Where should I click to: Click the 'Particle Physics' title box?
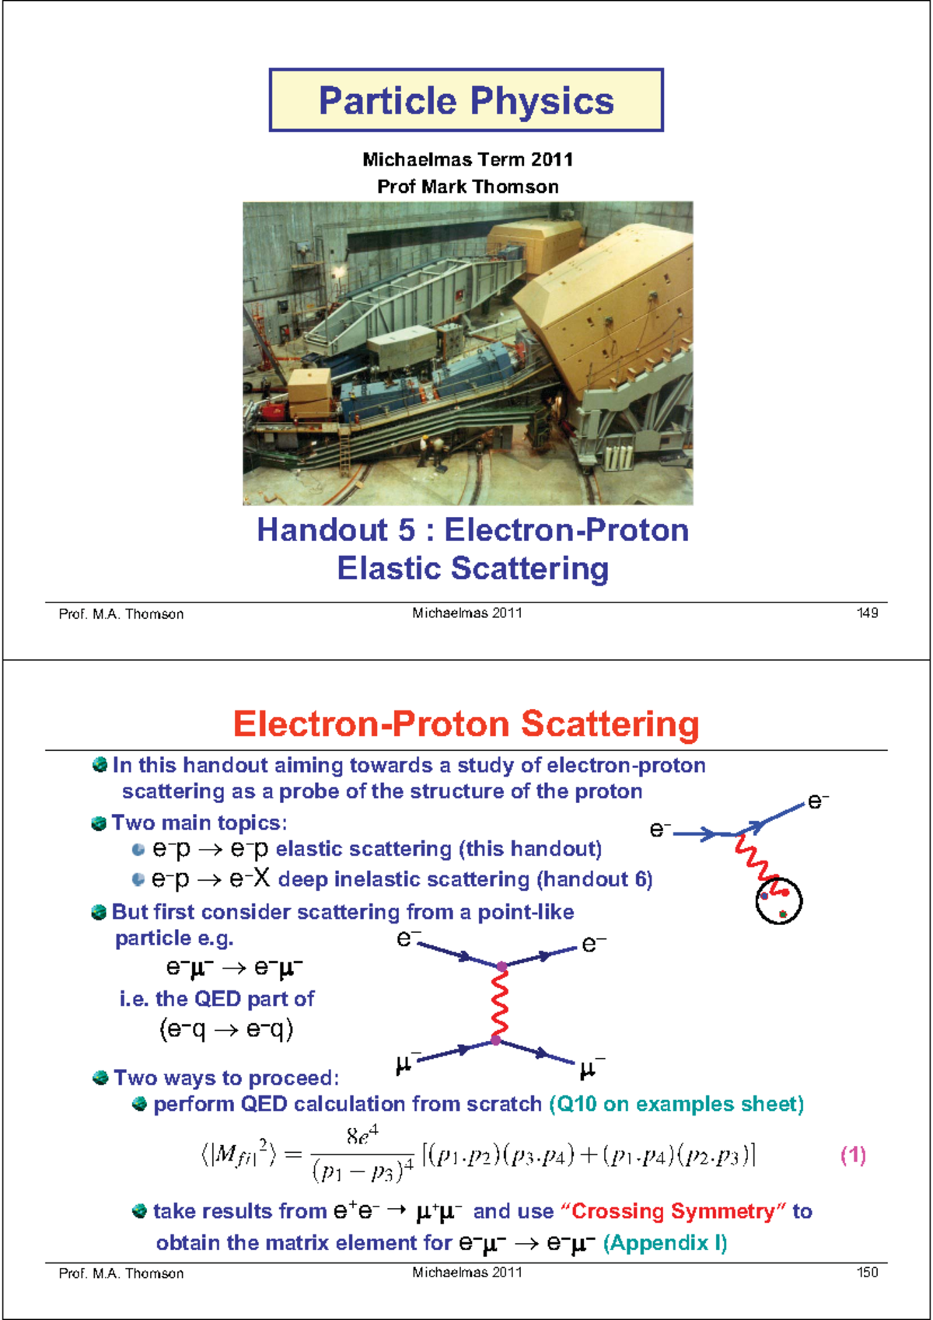[x=466, y=100]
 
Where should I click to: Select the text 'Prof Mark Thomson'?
[x=467, y=187]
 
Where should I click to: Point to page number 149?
[x=867, y=613]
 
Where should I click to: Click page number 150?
[x=867, y=1273]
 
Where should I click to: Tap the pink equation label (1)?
[x=853, y=1154]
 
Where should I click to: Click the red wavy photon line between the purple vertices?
[x=499, y=1004]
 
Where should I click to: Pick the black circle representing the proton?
[x=778, y=901]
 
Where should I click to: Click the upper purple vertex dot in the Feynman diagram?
[x=501, y=966]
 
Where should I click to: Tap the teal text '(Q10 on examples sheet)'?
[x=676, y=1104]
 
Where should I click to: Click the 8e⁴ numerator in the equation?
[x=362, y=1136]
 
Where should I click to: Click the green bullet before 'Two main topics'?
[x=99, y=823]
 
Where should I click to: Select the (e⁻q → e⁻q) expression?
[x=226, y=1029]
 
